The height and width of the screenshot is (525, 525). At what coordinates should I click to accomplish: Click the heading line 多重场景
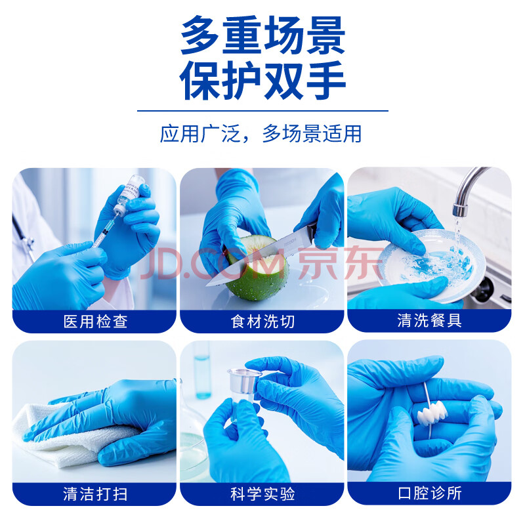(x=263, y=35)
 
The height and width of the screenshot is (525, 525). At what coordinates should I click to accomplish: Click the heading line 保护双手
(x=263, y=80)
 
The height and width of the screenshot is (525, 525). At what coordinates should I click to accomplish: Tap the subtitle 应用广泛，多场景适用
(x=261, y=134)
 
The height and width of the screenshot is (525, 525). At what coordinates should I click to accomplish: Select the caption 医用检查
(x=95, y=322)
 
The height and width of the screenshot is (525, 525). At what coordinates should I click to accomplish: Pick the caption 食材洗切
(x=263, y=322)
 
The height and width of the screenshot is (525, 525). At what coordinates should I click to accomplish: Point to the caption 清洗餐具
(x=430, y=320)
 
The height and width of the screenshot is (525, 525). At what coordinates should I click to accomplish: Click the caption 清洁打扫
(x=95, y=494)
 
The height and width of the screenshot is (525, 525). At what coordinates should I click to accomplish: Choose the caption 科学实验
(x=263, y=494)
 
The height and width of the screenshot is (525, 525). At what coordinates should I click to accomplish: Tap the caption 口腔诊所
(x=430, y=493)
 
